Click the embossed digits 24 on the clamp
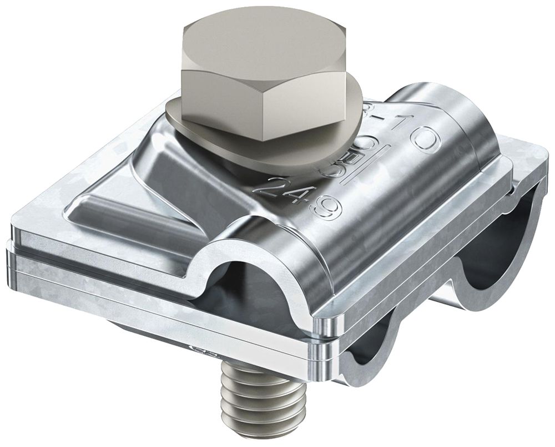[278, 188]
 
